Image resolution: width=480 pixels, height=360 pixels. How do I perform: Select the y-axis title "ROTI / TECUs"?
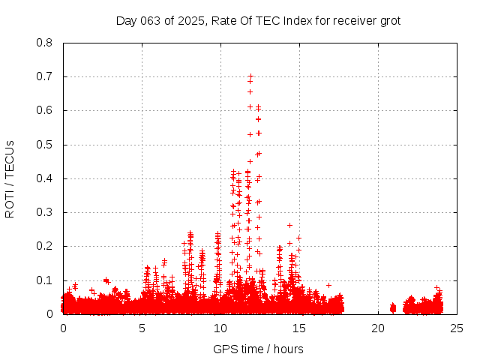10,178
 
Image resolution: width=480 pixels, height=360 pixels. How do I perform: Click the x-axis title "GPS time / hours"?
258,349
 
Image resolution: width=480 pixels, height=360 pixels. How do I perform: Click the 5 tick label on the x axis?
142,328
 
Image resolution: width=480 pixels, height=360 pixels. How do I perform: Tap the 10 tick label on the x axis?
220,328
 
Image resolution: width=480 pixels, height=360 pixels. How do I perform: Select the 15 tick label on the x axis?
299,328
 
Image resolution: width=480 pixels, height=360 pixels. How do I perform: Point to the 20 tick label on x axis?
378,328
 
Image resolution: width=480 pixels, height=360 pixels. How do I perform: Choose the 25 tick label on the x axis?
457,328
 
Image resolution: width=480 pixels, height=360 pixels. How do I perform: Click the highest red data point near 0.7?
250,76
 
